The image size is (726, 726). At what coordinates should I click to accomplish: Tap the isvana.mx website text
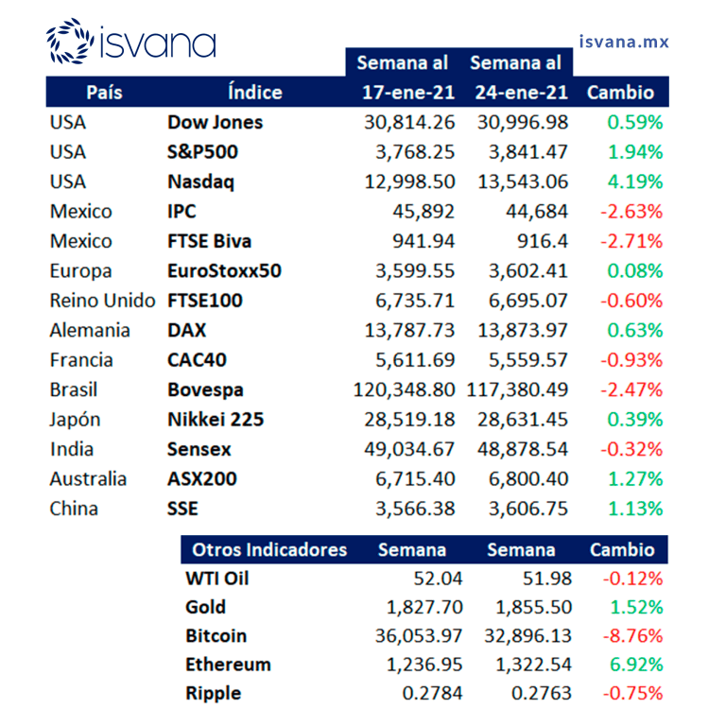pyautogui.click(x=623, y=42)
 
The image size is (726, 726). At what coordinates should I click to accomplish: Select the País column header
pyautogui.click(x=104, y=93)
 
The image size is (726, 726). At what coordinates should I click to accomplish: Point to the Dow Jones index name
pyautogui.click(x=215, y=122)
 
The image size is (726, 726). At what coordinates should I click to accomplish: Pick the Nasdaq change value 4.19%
pyautogui.click(x=635, y=181)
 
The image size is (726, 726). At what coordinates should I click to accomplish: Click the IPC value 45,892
pyautogui.click(x=423, y=212)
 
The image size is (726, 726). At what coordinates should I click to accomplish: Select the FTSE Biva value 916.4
pyautogui.click(x=541, y=241)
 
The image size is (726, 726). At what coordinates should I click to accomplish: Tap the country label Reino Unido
pyautogui.click(x=102, y=301)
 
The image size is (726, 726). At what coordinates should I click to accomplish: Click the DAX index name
pyautogui.click(x=186, y=331)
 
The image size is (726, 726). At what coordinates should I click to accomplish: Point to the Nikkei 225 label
pyautogui.click(x=215, y=420)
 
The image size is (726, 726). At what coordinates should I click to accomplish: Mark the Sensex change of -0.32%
pyautogui.click(x=631, y=449)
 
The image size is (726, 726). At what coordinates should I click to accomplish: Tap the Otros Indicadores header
pyautogui.click(x=269, y=550)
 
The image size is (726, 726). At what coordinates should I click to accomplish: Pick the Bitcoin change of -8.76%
pyautogui.click(x=631, y=635)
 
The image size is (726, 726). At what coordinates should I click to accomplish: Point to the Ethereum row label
pyautogui.click(x=228, y=665)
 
